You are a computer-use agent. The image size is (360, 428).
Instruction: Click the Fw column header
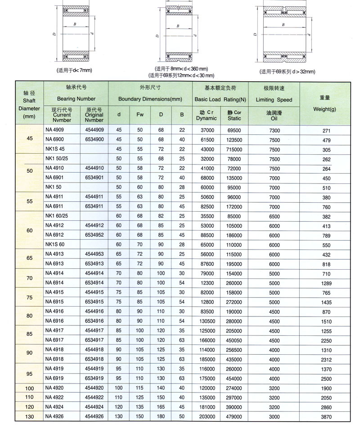140,115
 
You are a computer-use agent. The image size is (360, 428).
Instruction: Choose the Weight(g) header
325,109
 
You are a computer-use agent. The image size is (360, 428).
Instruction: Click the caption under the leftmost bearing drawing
74,70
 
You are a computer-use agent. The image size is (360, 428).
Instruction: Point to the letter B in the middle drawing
178,27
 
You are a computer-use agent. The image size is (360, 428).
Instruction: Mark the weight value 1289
327,284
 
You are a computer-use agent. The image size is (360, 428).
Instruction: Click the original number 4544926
94,417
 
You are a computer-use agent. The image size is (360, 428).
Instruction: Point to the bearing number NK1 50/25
57,159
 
